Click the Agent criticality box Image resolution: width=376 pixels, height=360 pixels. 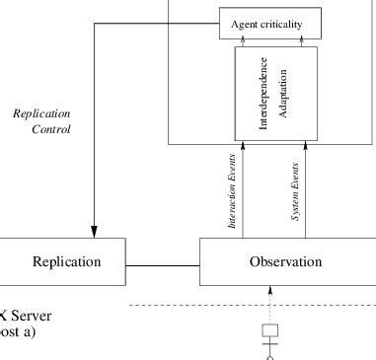click(x=274, y=24)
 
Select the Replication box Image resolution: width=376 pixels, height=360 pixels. click(x=66, y=262)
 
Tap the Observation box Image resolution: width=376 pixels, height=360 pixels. click(x=287, y=262)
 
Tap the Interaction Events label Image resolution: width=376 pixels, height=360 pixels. click(x=232, y=191)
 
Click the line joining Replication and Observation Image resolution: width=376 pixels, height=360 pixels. click(x=164, y=263)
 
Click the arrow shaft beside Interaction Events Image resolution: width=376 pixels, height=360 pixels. click(x=242, y=192)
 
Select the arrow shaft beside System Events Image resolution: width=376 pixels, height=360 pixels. click(x=305, y=192)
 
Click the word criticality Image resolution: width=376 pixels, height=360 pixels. click(x=290, y=24)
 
